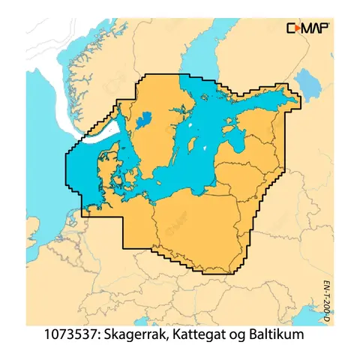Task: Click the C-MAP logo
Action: tap(307, 28)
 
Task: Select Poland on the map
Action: tap(195, 217)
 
